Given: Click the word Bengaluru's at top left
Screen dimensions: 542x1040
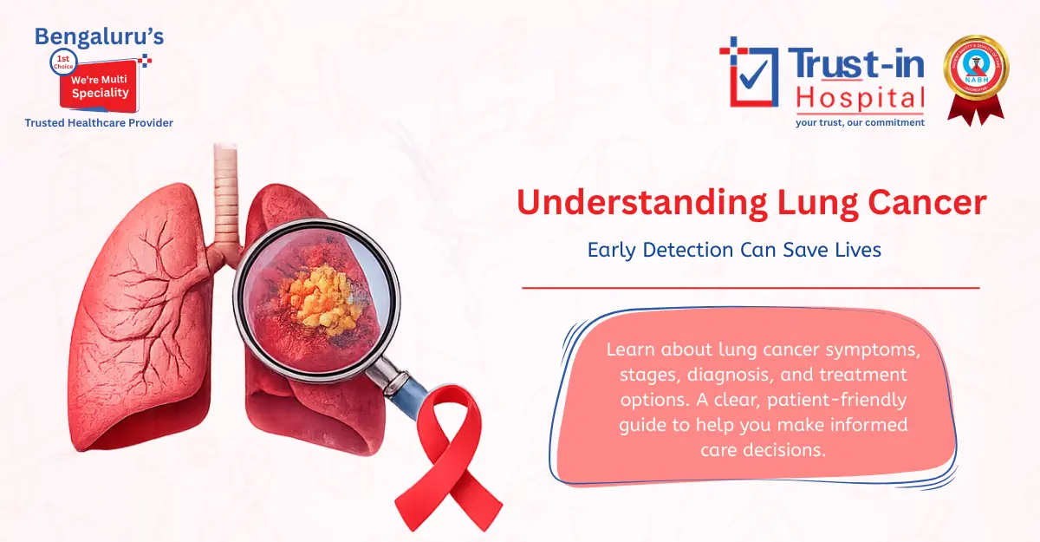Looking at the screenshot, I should click(99, 37).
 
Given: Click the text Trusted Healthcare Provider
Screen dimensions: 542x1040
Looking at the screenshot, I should click(99, 123).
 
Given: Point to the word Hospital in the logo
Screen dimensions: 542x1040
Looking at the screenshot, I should click(860, 98).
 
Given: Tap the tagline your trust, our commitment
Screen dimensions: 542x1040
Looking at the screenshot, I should click(860, 122).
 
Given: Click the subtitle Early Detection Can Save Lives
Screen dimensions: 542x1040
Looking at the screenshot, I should click(734, 250).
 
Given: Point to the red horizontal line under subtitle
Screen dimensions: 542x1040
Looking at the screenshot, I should click(751, 287).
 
